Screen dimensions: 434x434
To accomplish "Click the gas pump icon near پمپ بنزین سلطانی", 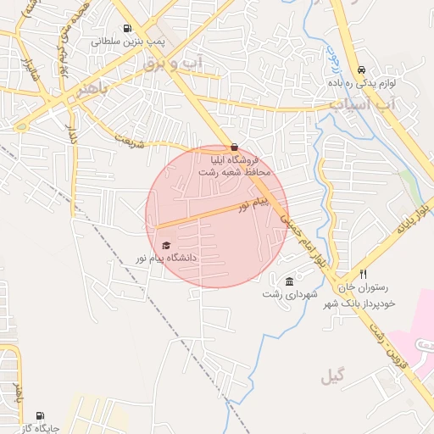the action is pos(128,28).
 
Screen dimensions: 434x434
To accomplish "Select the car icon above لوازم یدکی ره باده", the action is pos(362,70).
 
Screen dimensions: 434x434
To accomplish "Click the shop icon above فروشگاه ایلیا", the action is pos(234,147).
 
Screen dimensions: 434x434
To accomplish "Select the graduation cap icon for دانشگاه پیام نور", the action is pos(165,245).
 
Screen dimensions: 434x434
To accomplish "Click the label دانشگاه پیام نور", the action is pos(166,257).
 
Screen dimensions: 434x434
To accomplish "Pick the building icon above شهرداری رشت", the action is pos(290,281).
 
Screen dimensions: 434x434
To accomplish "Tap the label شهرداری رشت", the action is pos(290,294).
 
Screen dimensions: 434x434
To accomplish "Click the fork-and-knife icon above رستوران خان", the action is pos(363,274).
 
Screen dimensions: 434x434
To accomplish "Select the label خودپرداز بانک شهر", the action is pos(366,303).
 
